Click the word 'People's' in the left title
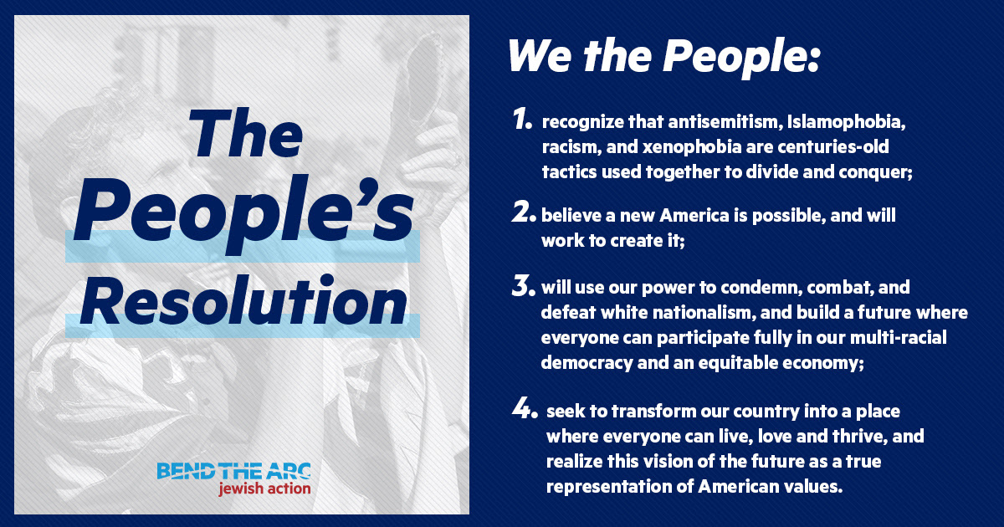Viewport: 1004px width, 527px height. (x=243, y=215)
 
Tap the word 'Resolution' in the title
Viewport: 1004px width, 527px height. (x=243, y=299)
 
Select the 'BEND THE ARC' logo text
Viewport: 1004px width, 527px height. (x=233, y=471)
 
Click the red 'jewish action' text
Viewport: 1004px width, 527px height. (x=264, y=488)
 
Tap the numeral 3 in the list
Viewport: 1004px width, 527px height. (x=524, y=285)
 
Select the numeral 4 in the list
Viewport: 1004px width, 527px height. (x=525, y=409)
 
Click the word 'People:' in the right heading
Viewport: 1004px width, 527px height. (x=741, y=59)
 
